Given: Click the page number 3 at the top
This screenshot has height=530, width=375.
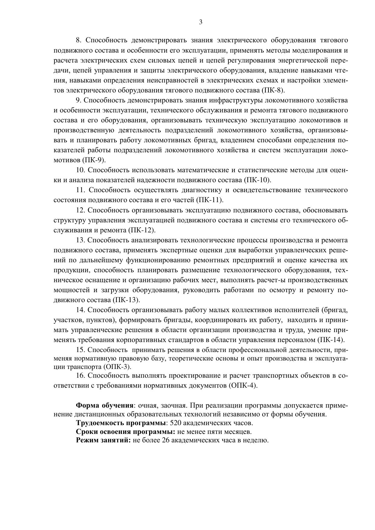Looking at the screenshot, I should point(201,22).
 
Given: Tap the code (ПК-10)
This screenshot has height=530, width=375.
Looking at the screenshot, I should point(257,180).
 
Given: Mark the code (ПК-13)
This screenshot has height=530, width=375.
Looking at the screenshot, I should point(126,300).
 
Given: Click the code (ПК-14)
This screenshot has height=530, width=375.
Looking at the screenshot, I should point(331,340).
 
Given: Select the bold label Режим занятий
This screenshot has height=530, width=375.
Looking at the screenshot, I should point(103,440).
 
